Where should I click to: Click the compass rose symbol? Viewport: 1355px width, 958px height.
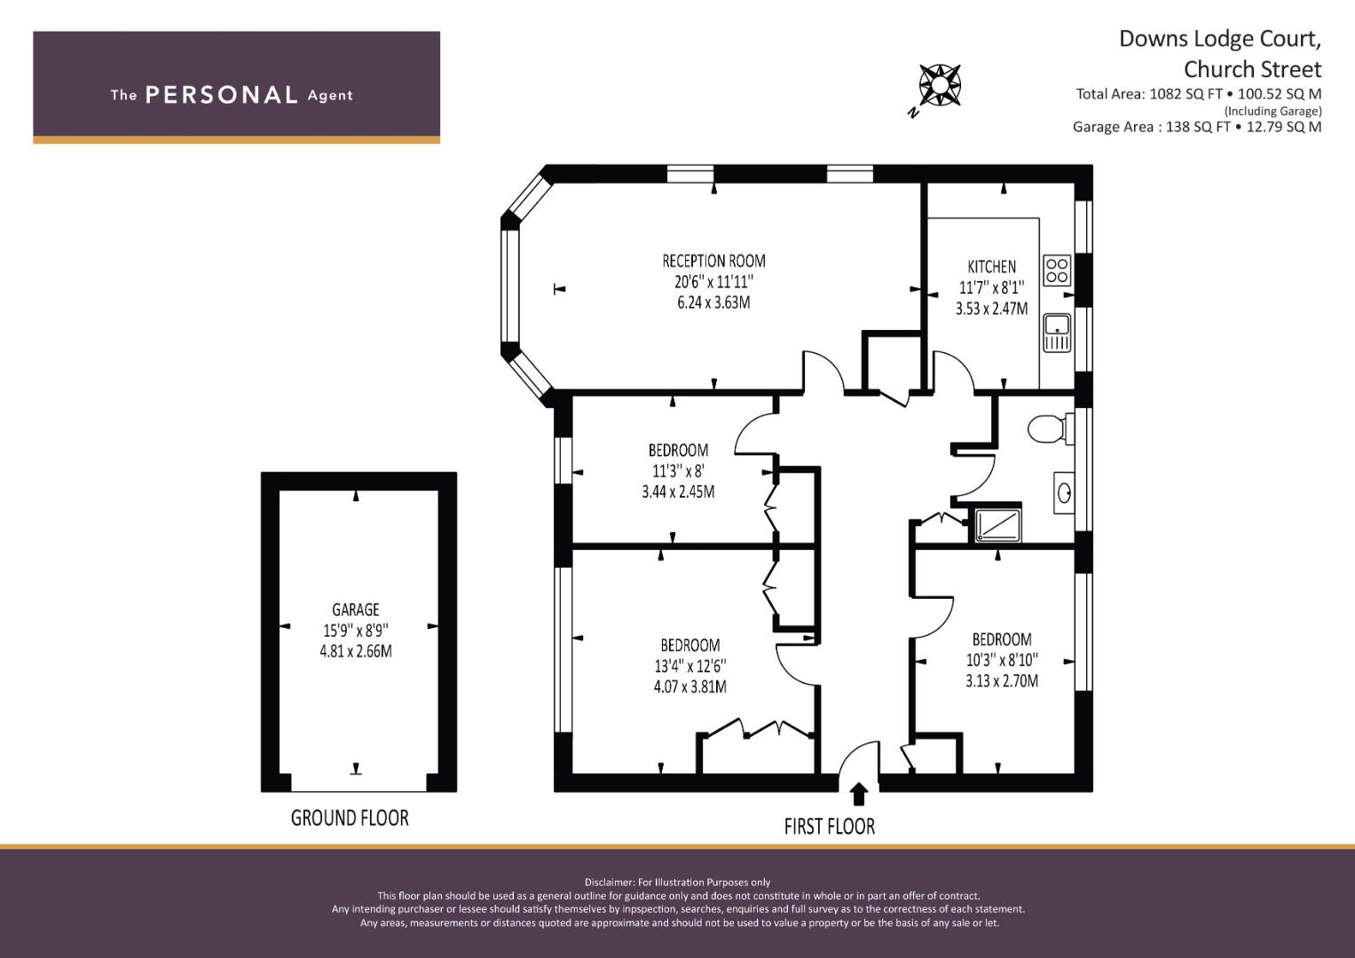coord(939,85)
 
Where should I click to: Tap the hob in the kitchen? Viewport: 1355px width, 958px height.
coord(1056,270)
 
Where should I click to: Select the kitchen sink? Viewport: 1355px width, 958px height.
coord(1057,332)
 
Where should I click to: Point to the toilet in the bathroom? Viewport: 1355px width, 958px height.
coord(1047,430)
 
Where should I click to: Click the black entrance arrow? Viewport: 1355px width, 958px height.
coord(859,793)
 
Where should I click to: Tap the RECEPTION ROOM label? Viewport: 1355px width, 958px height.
coord(713,261)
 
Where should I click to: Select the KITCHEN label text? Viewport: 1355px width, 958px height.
coord(991,266)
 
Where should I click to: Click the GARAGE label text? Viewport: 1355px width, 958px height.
coord(355,609)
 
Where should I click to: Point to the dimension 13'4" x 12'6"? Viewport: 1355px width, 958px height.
coord(689,666)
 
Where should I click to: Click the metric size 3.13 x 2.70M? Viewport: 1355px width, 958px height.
coord(1002,681)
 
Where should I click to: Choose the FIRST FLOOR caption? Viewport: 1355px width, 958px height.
coord(829,827)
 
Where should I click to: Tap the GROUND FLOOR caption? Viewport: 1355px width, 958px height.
coord(350,818)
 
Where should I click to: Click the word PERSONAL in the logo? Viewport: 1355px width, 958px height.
coord(221,95)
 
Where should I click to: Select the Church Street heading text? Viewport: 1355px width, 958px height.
coord(1252,69)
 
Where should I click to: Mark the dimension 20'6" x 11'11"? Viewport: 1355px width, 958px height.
coord(713,282)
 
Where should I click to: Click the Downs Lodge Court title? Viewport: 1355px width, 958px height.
coord(1219,39)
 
